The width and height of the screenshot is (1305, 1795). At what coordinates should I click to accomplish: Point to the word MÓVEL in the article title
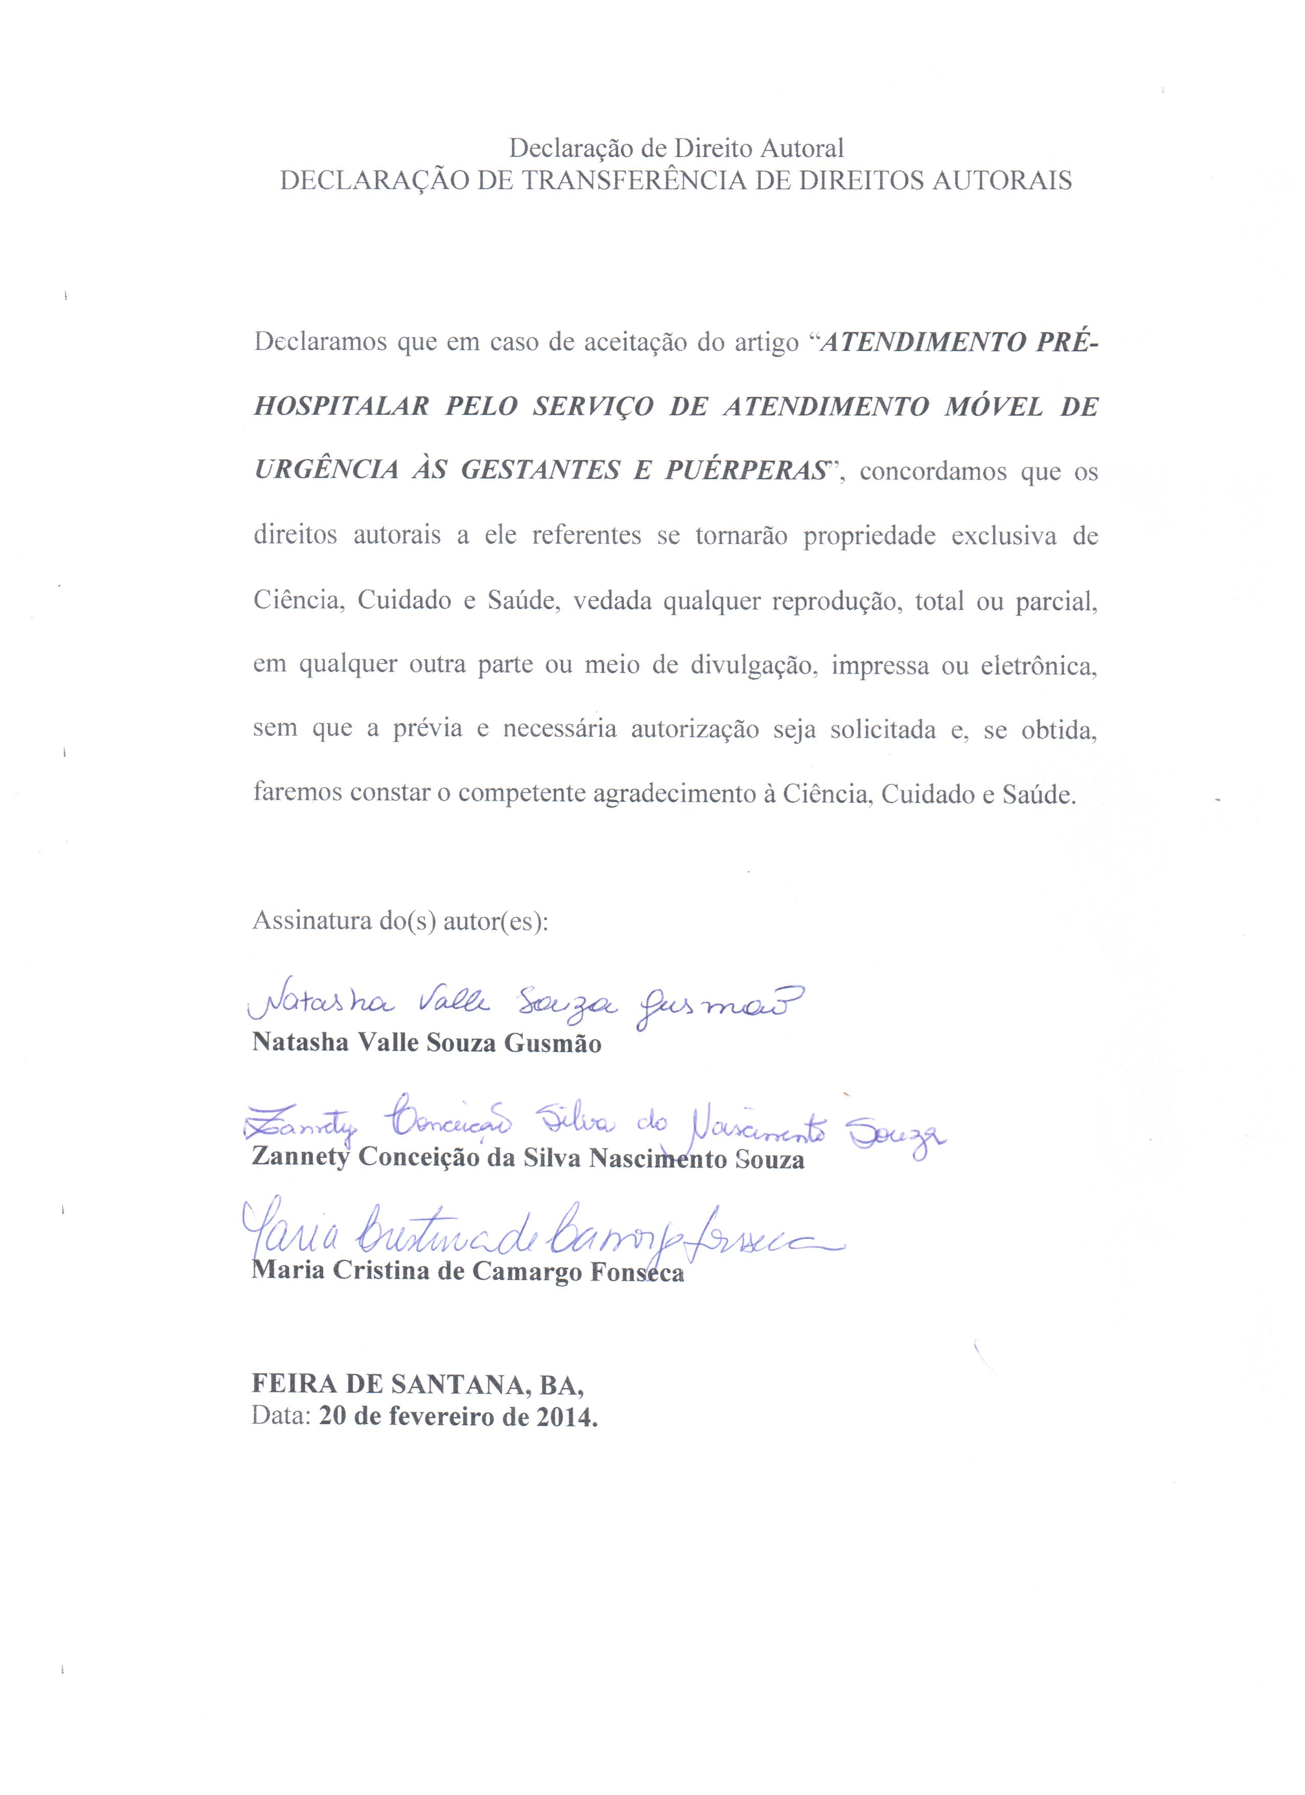point(994,407)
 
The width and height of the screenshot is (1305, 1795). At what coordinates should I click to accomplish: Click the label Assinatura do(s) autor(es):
point(400,921)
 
